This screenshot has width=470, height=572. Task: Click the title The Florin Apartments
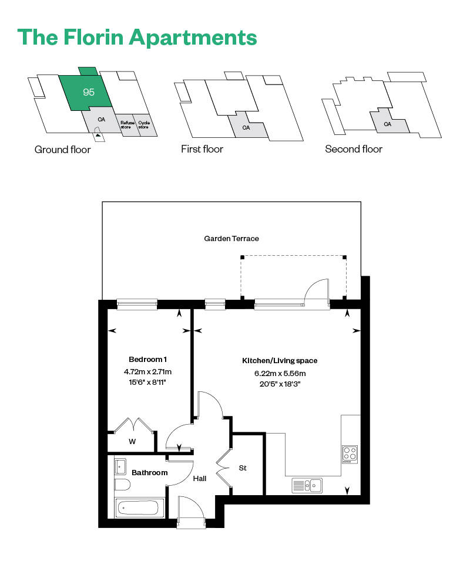[x=137, y=37]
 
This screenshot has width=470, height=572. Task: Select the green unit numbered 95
[x=89, y=92]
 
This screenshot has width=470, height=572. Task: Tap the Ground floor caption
[x=62, y=150]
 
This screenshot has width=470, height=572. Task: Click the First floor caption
[x=202, y=150]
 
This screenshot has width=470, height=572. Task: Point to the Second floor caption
[x=354, y=150]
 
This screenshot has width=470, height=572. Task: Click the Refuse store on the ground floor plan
[x=126, y=125]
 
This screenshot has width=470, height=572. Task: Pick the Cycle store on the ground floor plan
[x=144, y=125]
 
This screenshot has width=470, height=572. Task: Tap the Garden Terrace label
[x=231, y=239]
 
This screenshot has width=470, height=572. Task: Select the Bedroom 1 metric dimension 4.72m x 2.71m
[x=147, y=371]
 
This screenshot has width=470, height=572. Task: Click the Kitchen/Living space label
[x=280, y=360]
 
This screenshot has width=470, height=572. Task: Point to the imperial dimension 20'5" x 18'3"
[x=280, y=384]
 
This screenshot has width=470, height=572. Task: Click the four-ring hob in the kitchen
[x=350, y=453]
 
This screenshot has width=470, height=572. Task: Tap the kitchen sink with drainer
[x=307, y=485]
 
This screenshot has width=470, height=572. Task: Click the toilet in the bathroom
[x=122, y=485]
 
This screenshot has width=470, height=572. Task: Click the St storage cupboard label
[x=242, y=468]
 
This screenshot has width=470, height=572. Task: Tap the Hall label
[x=200, y=478]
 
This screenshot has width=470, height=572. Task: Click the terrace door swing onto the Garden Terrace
[x=318, y=292]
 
